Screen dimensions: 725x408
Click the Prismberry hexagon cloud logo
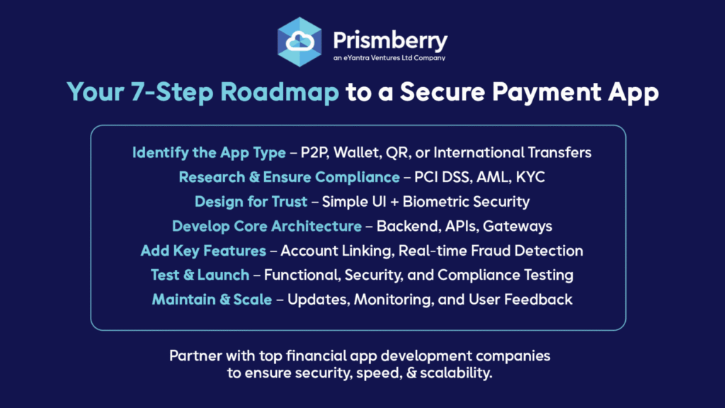299,42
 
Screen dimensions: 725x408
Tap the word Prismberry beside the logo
390,40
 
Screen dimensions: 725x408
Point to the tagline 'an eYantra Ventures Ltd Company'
389,58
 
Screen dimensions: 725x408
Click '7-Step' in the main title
171,91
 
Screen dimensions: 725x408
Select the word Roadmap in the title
280,91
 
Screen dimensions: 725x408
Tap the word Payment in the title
547,91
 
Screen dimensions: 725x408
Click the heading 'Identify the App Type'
209,153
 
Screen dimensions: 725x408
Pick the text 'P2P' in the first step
314,153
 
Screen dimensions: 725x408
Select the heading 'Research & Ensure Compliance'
290,177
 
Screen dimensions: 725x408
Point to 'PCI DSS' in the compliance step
442,177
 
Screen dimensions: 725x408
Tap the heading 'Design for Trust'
251,202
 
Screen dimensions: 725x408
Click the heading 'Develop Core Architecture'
267,226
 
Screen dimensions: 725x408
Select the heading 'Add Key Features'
203,251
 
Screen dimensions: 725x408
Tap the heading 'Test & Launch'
200,276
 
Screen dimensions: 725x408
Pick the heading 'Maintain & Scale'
212,300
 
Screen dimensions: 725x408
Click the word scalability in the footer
456,373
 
